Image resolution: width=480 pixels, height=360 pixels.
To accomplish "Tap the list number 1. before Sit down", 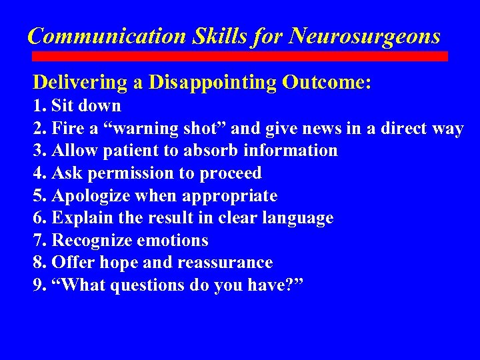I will coord(40,106).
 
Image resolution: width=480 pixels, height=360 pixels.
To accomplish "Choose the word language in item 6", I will coord(299,218).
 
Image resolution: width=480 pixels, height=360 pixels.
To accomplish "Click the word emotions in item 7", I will coord(173,241).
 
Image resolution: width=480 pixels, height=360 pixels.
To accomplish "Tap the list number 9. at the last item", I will coord(40,286).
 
